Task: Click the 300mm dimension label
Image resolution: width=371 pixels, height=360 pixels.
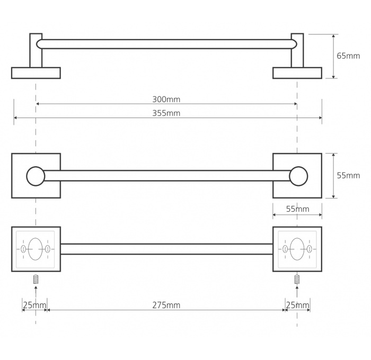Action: tap(166, 100)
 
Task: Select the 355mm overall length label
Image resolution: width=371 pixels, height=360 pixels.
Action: tap(166, 113)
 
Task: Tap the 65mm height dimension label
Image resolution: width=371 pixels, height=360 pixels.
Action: tap(348, 56)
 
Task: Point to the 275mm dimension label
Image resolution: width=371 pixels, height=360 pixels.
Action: tap(166, 305)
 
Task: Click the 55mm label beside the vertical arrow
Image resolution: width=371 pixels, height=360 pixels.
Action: tap(348, 176)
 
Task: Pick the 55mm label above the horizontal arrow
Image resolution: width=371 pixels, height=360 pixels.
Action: tap(297, 209)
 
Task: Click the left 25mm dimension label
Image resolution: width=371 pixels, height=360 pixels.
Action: tap(34, 305)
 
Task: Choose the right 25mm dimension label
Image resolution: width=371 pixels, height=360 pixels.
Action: tap(297, 305)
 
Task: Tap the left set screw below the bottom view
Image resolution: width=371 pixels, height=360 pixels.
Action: tap(36, 279)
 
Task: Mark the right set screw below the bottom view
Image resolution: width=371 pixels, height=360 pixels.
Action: tap(297, 279)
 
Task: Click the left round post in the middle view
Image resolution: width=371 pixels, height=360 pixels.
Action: tap(36, 176)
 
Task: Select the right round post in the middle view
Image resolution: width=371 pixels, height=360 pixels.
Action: tap(298, 176)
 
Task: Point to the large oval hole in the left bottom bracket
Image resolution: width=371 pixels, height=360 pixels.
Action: tap(36, 249)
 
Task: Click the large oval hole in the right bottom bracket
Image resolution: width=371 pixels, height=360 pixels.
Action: tap(297, 249)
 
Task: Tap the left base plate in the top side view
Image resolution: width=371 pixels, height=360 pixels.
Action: tap(36, 73)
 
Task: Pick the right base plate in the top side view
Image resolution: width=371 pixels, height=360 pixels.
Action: tap(297, 73)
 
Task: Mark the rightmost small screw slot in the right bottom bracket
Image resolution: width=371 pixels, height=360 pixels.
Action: tap(309, 249)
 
